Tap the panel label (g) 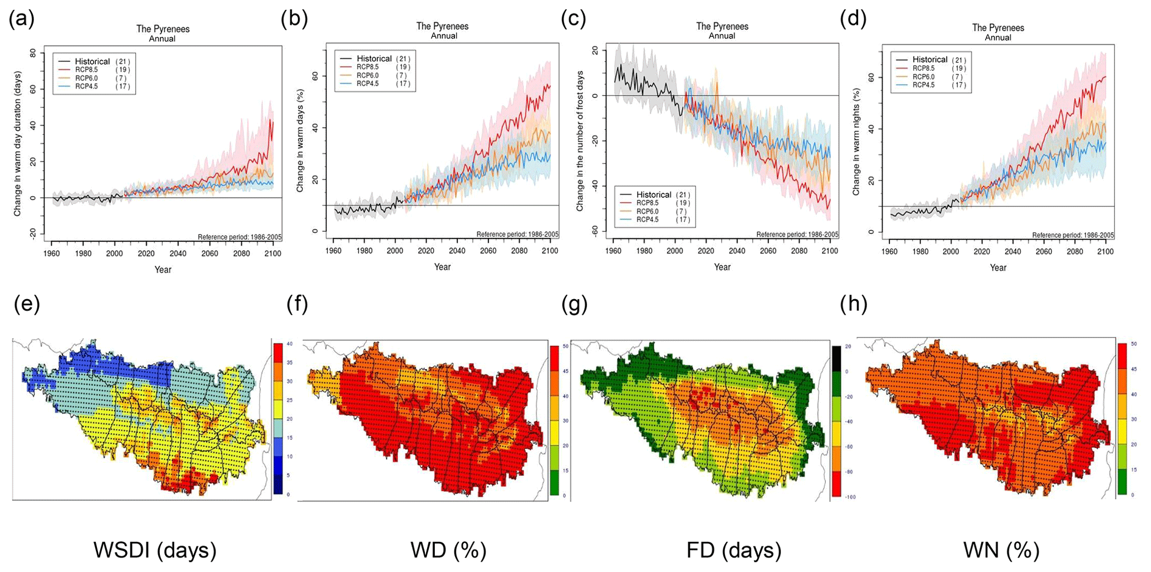coord(574,304)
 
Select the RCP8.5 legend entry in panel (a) coord(87,70)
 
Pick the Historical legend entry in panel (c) coord(654,194)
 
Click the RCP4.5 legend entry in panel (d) coord(924,85)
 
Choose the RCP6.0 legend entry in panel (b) coord(368,75)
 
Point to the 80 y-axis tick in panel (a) coord(33,53)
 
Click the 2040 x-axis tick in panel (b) coord(457,251)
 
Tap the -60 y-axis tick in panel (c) coord(595,231)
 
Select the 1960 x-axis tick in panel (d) coord(889,252)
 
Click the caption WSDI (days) coord(155,550)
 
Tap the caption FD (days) coord(734,550)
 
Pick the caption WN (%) coord(1001,550)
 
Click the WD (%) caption coord(448,550)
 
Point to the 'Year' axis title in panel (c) coord(722,267)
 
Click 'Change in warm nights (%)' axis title coord(856,141)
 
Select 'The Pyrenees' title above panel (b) coord(442,26)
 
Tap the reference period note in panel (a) coord(239,237)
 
